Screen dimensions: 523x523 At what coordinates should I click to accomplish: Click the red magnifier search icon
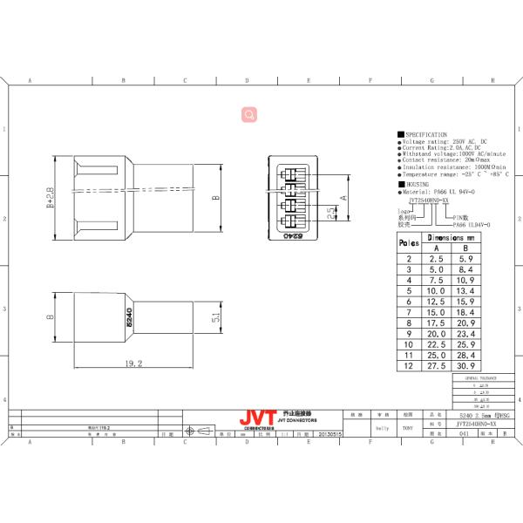click(249, 113)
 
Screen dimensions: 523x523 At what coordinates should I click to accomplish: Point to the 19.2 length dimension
click(133, 363)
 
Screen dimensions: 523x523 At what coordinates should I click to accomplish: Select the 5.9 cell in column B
click(466, 259)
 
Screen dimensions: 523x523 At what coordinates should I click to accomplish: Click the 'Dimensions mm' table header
click(452, 237)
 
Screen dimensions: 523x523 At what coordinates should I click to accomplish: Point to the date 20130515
click(331, 432)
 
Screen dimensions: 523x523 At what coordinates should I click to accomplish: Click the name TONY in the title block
click(408, 429)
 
